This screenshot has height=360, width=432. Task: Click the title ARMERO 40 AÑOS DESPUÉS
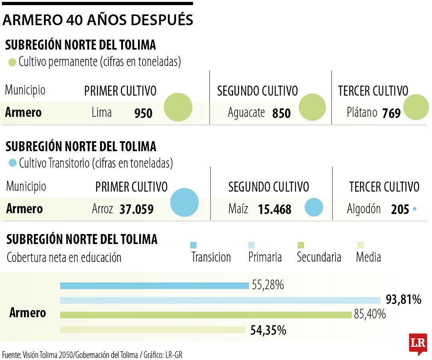[98, 20]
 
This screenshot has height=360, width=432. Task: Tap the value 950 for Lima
[143, 114]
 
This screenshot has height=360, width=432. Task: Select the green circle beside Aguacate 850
[312, 107]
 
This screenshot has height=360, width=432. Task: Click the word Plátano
[362, 113]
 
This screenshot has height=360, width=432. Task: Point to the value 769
[391, 114]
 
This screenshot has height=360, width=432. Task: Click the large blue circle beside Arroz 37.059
[184, 202]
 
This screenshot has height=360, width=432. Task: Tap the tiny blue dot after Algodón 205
[414, 209]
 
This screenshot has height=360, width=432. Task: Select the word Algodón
[364, 209]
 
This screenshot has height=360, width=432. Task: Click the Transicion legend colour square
[194, 245]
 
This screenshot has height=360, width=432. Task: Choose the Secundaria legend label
[319, 257]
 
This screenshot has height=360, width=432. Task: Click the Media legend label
[368, 257]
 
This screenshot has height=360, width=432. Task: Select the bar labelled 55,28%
[154, 286]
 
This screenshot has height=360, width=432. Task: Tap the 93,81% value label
[403, 299]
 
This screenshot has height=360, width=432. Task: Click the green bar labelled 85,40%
[206, 315]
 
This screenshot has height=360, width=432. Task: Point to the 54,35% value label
[268, 330]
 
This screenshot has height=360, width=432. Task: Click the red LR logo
[418, 343]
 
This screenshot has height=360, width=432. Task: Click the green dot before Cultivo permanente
[12, 62]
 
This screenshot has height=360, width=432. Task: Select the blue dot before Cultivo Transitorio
[12, 163]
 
